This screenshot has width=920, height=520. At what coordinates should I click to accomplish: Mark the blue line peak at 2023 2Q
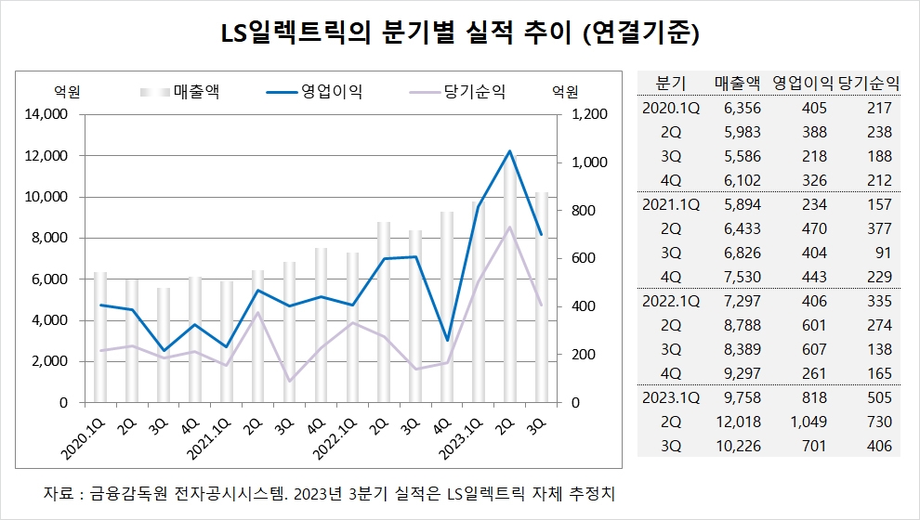pyautogui.click(x=509, y=151)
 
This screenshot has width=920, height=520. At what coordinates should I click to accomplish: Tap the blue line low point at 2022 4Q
pyautogui.click(x=448, y=340)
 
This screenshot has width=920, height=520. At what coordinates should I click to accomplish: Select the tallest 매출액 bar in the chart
pyautogui.click(x=509, y=279)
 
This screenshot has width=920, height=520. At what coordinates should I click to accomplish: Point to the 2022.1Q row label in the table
pyautogui.click(x=670, y=301)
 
